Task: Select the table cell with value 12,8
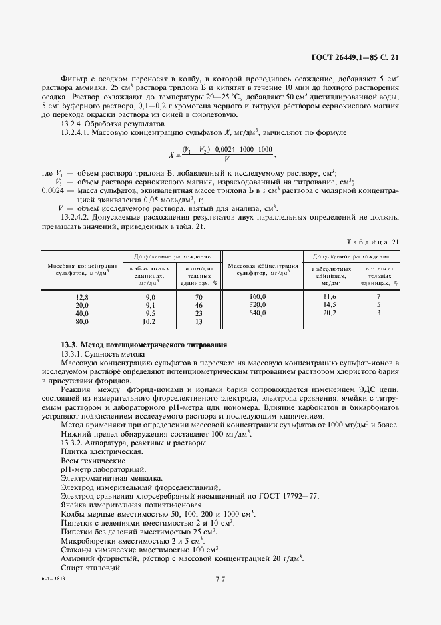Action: pyautogui.click(x=82, y=296)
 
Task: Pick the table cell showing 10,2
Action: pyautogui.click(x=150, y=321)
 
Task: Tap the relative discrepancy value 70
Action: pyautogui.click(x=198, y=296)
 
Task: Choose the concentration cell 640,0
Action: pyautogui.click(x=258, y=312)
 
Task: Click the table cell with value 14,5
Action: pyautogui.click(x=330, y=304)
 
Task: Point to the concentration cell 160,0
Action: pyautogui.click(x=258, y=296)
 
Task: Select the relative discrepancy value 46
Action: pyautogui.click(x=198, y=304)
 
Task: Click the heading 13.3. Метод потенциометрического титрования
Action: pyautogui.click(x=143, y=345)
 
